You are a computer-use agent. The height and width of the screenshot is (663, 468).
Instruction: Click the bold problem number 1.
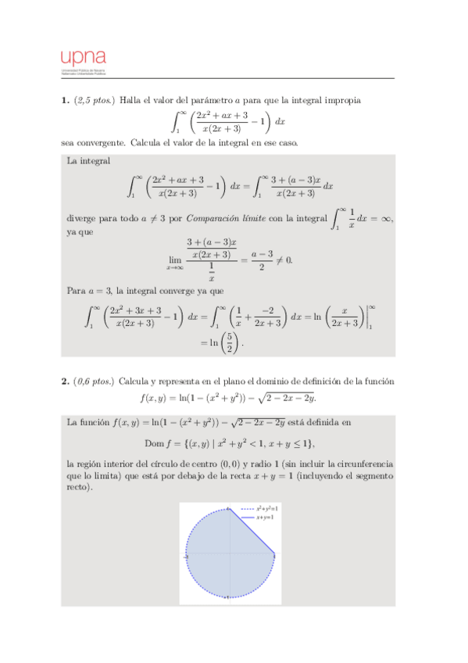pos(65,100)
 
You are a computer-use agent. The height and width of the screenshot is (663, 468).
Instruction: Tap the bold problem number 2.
pos(65,382)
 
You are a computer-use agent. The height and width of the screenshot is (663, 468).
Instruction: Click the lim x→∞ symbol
pos(176,262)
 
